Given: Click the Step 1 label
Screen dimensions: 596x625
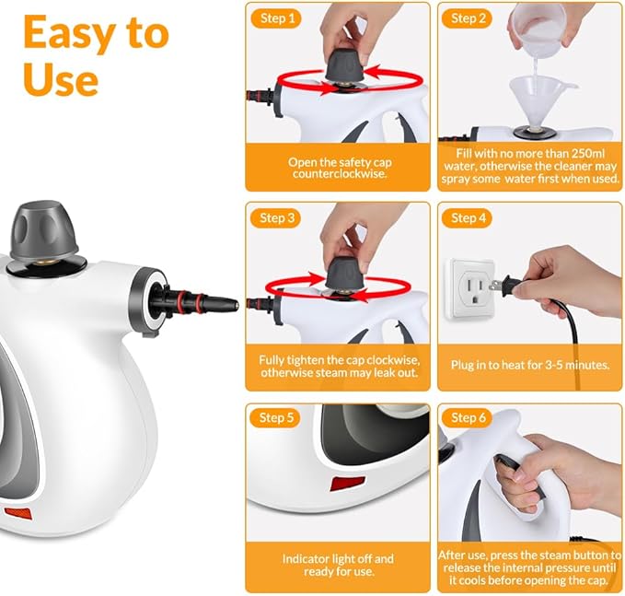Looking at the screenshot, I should click(x=278, y=18).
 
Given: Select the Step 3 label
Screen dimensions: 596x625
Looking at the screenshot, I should click(x=278, y=218).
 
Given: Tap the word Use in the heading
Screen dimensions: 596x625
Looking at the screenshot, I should click(x=61, y=80).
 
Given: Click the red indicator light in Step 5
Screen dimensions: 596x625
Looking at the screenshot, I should click(x=345, y=482).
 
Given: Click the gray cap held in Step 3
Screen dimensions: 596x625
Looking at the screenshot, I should click(x=341, y=272).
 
